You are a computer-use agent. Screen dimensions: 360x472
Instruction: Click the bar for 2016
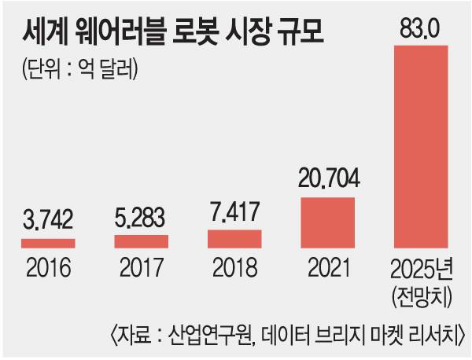pyautogui.click(x=48, y=244)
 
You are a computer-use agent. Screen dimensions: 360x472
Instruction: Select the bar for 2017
pyautogui.click(x=141, y=241)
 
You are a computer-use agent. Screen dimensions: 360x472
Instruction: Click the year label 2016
pyautogui.click(x=48, y=270)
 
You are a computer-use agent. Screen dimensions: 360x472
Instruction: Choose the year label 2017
pyautogui.click(x=142, y=270)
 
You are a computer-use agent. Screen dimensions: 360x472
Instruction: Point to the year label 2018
pyautogui.click(x=234, y=270)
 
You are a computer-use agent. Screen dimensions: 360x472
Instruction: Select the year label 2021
pyautogui.click(x=328, y=270)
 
